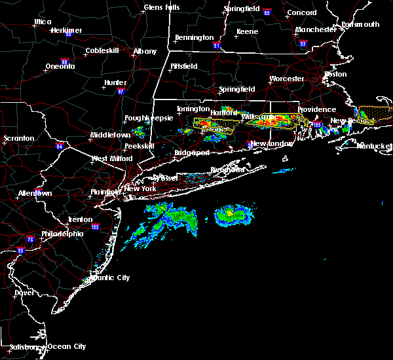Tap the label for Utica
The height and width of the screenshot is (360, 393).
tap(43, 22)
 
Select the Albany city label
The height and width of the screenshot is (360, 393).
tap(145, 51)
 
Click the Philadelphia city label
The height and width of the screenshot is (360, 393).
tap(63, 234)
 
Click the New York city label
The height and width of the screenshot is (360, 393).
tap(140, 189)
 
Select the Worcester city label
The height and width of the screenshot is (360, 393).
tap(287, 79)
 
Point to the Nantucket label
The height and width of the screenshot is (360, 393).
tap(375, 146)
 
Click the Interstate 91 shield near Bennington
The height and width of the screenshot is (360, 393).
tap(218, 46)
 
